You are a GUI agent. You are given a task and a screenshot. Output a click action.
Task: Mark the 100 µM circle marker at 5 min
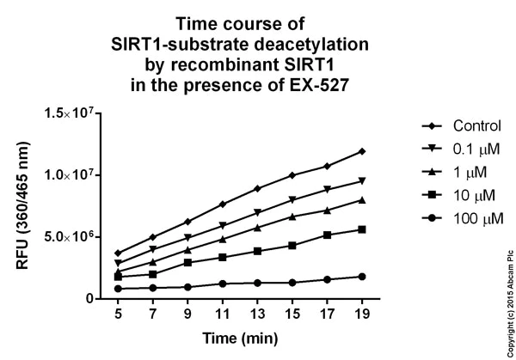coord(118,289)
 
